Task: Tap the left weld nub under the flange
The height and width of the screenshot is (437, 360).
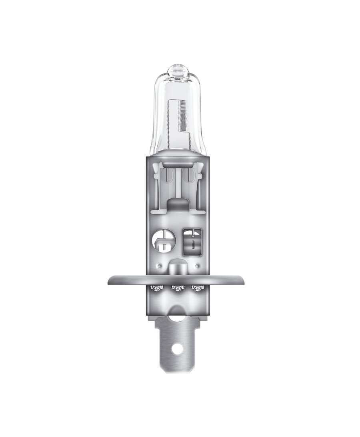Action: pyautogui.click(x=156, y=287)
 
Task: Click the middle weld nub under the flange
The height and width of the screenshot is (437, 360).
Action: pyautogui.click(x=176, y=287)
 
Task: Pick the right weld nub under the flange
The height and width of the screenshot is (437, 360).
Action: pyautogui.click(x=196, y=287)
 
